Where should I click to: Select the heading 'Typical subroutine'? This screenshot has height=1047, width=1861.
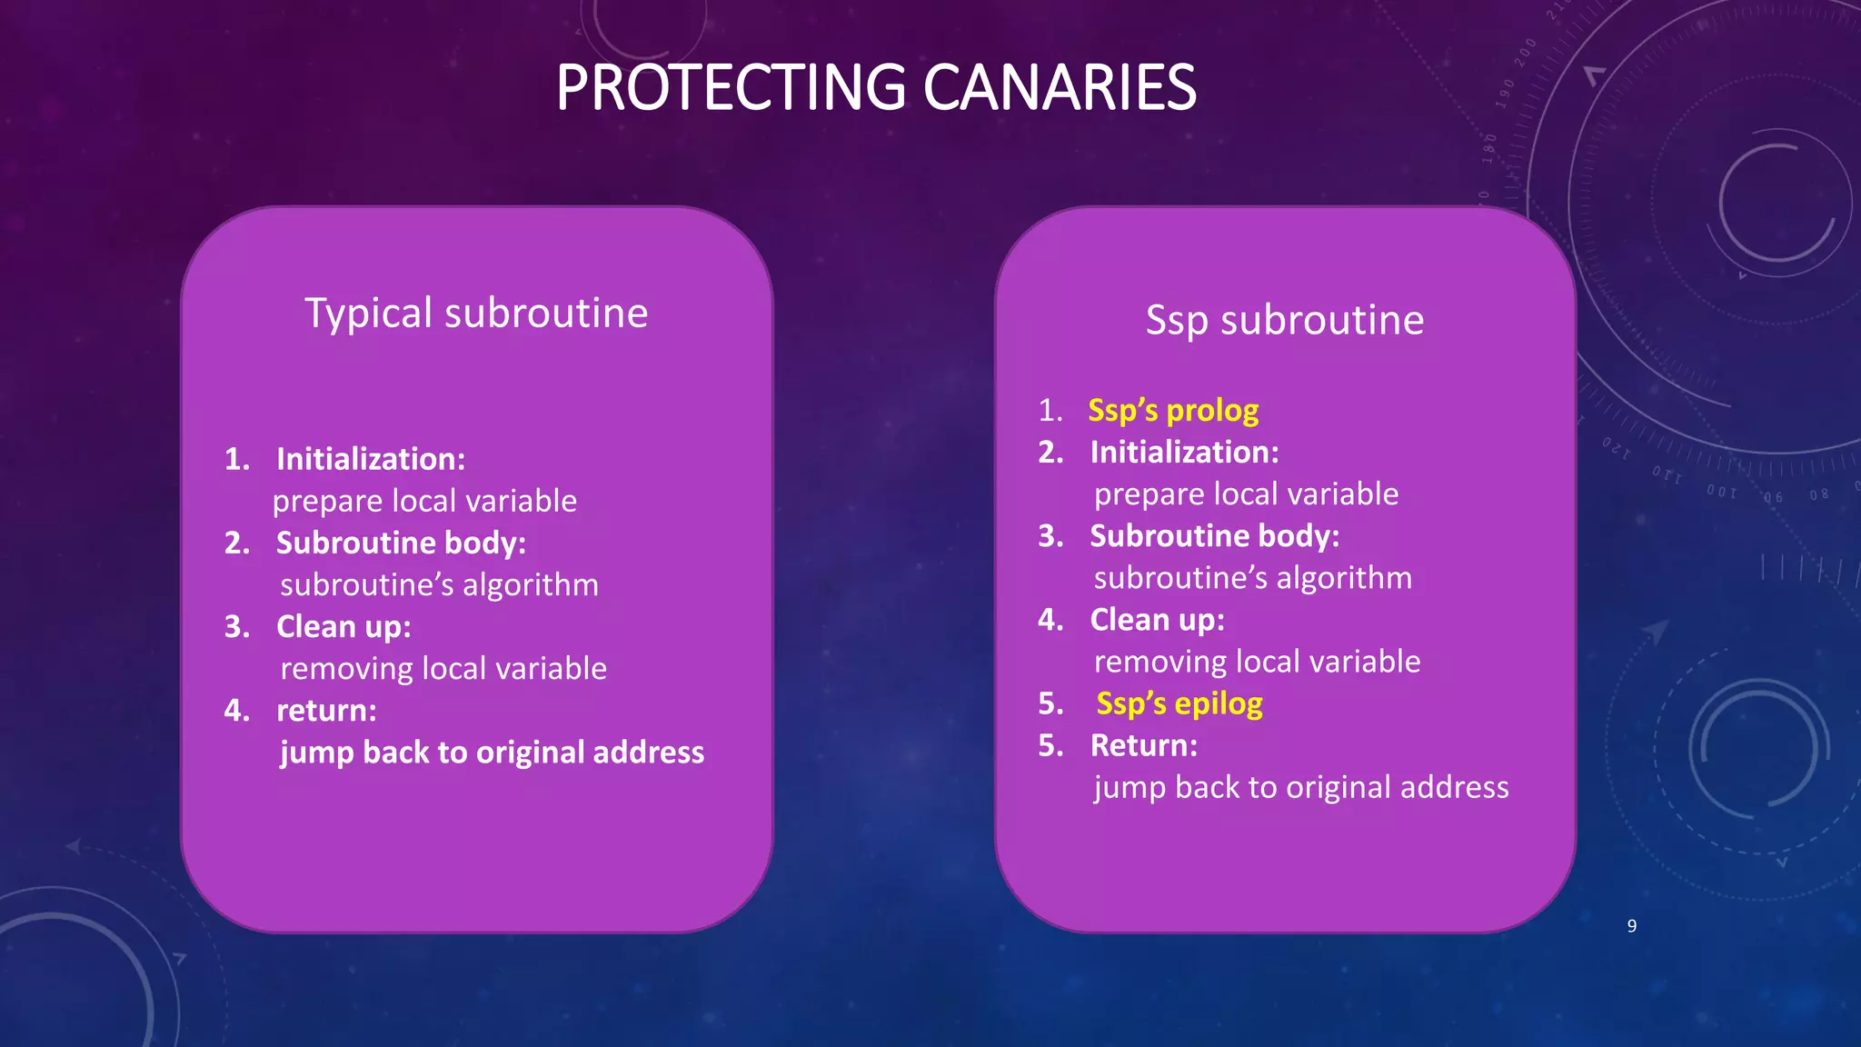point(476,314)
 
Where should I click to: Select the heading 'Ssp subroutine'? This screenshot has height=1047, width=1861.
point(1284,320)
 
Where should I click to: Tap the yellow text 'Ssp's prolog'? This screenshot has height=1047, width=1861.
point(1173,411)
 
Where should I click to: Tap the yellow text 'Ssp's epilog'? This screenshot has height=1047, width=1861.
point(1179,703)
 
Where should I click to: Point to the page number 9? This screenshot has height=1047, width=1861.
point(1632,926)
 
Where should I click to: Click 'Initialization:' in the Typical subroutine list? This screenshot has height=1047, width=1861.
point(371,459)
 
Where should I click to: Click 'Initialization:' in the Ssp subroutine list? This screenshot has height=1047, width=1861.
point(1184,453)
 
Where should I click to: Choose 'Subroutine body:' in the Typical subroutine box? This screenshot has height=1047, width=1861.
point(401,543)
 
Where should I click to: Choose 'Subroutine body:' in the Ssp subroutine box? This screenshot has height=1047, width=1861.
point(1214,536)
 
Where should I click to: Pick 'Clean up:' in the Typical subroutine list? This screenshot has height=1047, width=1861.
point(343,627)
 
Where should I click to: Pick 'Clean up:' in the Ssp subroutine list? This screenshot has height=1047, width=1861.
point(1157,620)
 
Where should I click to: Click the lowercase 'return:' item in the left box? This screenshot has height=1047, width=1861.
point(326,711)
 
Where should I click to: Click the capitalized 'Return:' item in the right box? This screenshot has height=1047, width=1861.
point(1143,745)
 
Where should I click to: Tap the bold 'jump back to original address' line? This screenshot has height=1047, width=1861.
point(492,753)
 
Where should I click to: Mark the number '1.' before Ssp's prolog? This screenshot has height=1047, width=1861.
point(1050,411)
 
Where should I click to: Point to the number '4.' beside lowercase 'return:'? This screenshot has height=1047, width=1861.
point(236,711)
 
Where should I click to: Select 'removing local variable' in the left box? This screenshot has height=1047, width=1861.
point(443,669)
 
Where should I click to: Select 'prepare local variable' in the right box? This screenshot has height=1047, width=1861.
point(1246,494)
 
